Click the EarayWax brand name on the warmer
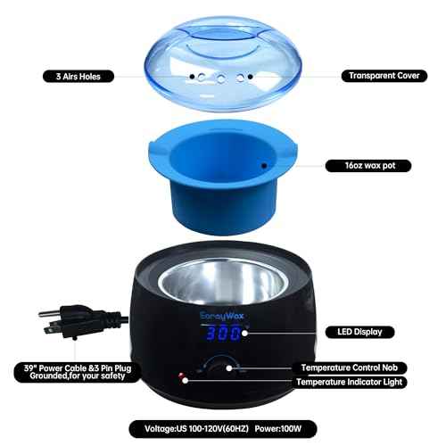pyautogui.click(x=217, y=312)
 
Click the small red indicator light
pyautogui.click(x=182, y=375)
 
